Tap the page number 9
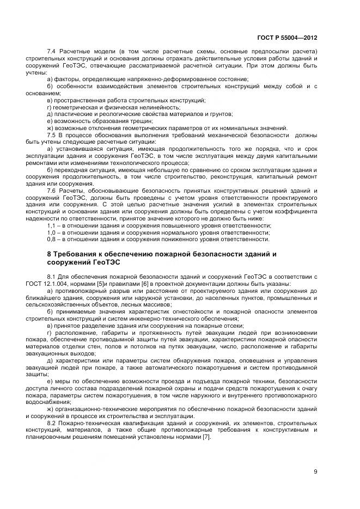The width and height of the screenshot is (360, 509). [315, 471]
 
